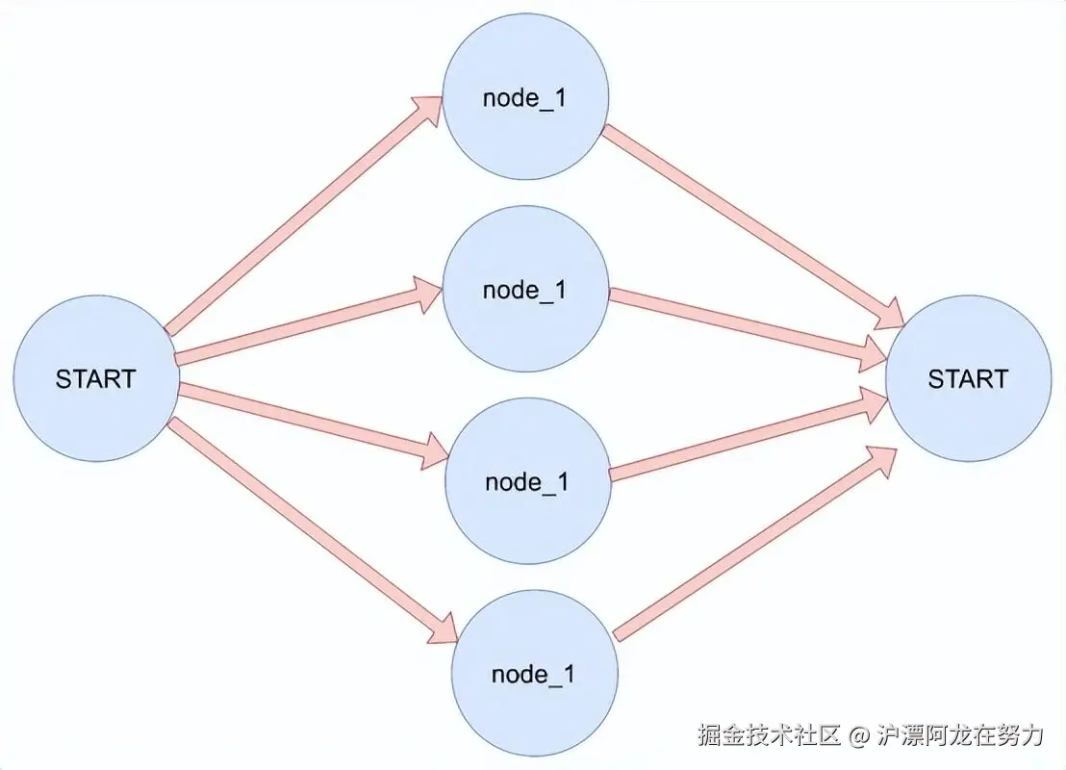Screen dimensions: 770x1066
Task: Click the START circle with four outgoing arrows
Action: [96, 378]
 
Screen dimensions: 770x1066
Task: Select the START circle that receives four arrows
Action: [968, 378]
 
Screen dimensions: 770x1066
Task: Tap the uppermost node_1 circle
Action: [525, 98]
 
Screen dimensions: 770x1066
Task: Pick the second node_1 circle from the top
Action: [525, 290]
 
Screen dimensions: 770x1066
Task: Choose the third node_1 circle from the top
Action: [527, 481]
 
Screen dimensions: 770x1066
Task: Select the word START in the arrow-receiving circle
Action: [968, 378]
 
